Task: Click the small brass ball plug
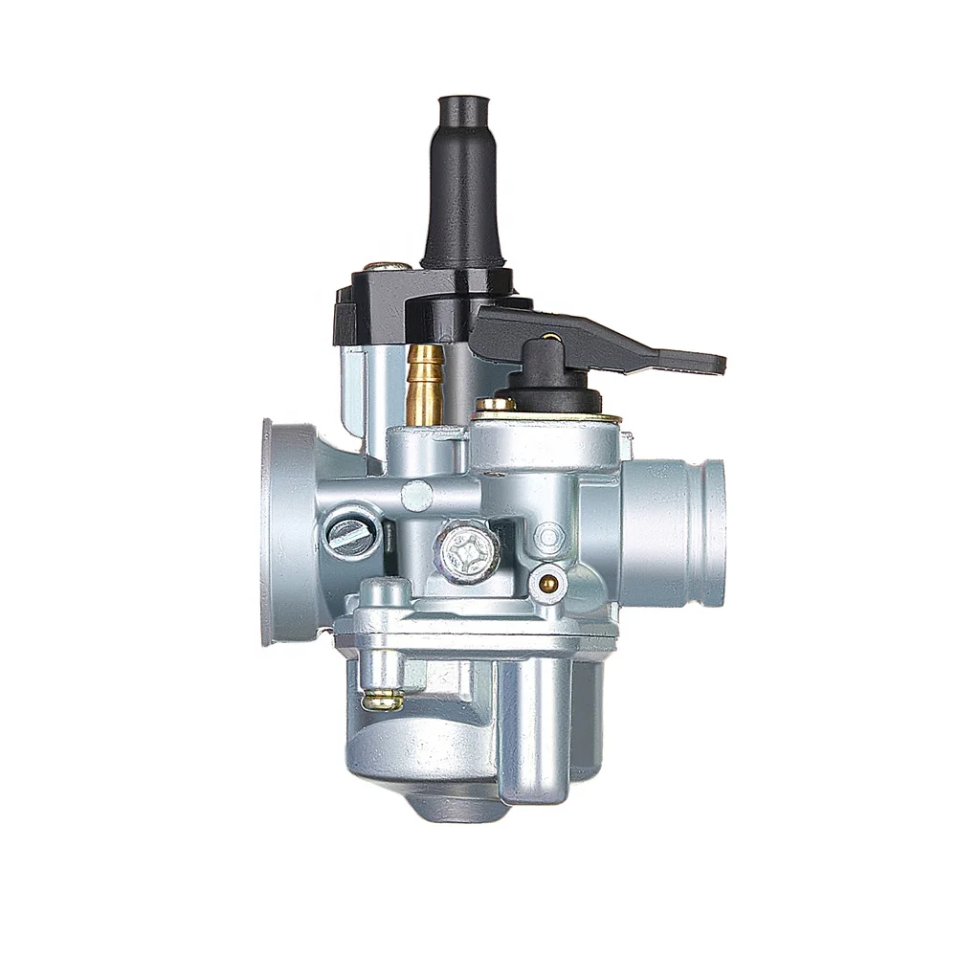[x=546, y=582]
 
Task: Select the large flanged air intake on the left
[x=287, y=531]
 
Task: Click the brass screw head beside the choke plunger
[x=495, y=405]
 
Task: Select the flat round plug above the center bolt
[x=417, y=495]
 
